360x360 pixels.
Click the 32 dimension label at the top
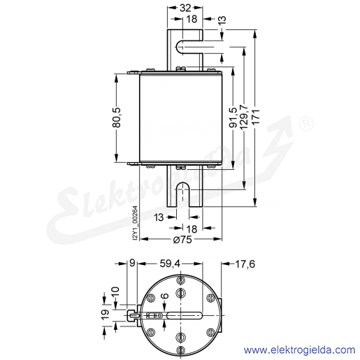[x=185, y=8]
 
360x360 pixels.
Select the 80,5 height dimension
[x=117, y=117]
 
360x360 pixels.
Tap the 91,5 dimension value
[x=233, y=117]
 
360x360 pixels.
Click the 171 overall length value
[x=256, y=117]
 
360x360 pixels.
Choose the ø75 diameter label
[x=182, y=239]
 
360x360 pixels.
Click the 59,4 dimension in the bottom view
[x=170, y=264]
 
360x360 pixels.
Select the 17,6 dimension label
[x=245, y=264]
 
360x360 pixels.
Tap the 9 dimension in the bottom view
[x=132, y=263]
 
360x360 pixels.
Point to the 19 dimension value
[x=106, y=315]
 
